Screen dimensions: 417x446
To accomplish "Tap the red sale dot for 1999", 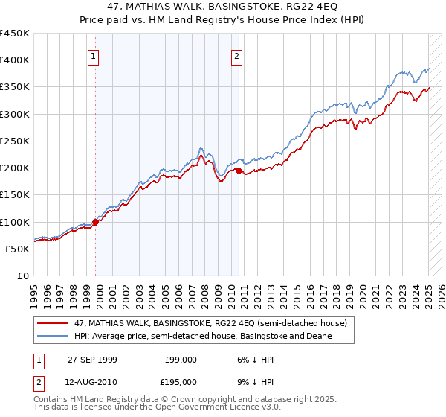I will tap(96, 222).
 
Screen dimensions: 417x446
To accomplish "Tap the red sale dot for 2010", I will tap(239, 171).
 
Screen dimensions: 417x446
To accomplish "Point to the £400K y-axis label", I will tap(15, 60).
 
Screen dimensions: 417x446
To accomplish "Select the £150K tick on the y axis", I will tap(15, 195).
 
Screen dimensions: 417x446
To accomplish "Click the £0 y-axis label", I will tap(23, 276).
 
